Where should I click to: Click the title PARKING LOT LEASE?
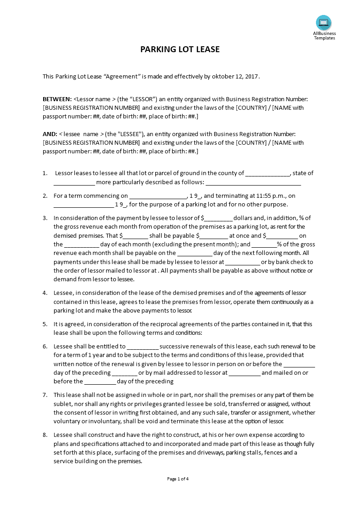(x=180, y=49)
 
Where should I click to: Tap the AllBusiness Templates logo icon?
(x=324, y=23)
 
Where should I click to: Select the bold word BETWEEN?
(x=57, y=99)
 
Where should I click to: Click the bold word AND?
(x=49, y=134)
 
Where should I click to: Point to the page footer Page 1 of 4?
(x=178, y=479)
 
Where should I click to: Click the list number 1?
(x=45, y=173)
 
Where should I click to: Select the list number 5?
(x=45, y=324)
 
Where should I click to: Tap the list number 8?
(x=45, y=435)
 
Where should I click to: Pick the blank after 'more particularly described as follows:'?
(x=253, y=183)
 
